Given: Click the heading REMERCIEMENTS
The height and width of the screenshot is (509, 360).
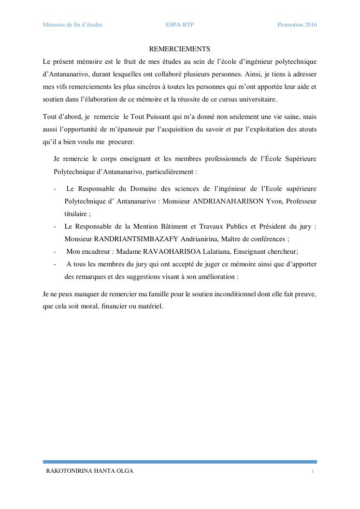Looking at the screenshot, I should [179, 49].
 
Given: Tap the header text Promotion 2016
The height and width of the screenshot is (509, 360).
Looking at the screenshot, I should [297, 25].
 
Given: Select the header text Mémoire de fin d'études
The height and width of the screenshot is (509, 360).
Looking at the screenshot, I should [72, 25].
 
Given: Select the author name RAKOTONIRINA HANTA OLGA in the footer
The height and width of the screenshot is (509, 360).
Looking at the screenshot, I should [89, 471].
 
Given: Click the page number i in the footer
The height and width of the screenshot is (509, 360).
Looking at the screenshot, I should [313, 471].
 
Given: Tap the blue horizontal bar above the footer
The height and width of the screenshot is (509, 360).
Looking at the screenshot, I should [180, 462].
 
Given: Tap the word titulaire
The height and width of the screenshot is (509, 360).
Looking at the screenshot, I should [75, 214].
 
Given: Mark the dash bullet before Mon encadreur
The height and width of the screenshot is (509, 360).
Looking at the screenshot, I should [55, 251].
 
